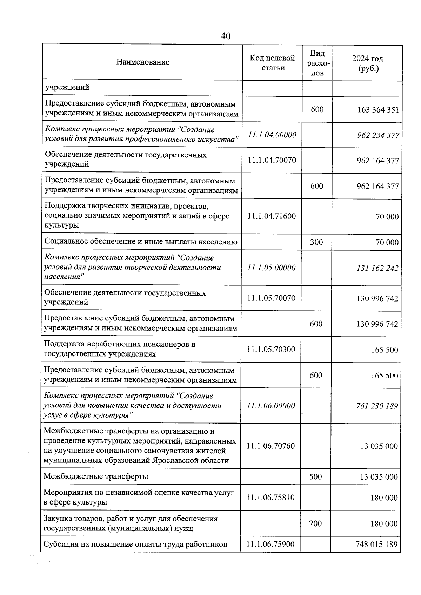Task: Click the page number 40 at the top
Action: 226,36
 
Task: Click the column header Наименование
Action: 143,62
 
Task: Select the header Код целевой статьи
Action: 272,63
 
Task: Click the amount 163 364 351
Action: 378,110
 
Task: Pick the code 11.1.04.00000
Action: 272,135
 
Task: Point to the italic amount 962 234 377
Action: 378,135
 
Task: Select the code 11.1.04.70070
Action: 272,160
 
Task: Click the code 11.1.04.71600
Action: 272,216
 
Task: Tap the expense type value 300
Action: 316,242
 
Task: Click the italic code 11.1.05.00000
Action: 271,268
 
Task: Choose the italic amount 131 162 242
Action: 377,268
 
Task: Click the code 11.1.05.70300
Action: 271,349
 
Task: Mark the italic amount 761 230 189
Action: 377,406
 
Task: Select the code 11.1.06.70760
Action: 270,446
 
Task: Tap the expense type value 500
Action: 315,476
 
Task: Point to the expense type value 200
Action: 315,523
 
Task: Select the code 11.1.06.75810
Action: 270,498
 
